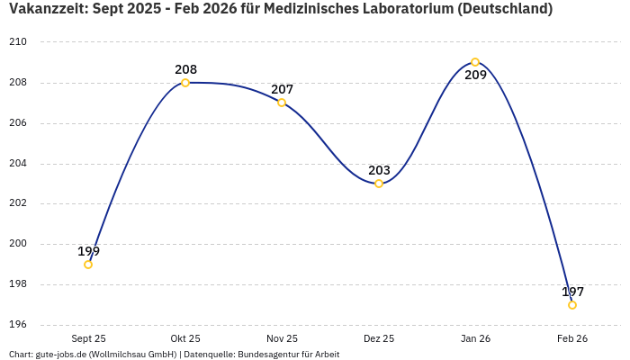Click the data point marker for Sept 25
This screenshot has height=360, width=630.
(x=88, y=265)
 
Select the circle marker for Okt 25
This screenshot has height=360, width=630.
(x=185, y=83)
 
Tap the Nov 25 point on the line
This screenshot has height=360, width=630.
(x=282, y=103)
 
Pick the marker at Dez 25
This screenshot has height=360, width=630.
(x=379, y=184)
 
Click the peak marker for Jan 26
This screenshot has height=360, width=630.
(x=475, y=62)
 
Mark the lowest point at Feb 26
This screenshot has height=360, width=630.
(x=572, y=305)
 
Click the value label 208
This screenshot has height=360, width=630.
(x=185, y=69)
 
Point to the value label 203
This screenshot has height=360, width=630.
(x=379, y=170)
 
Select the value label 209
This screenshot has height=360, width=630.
(x=475, y=76)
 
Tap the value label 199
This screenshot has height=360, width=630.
(x=88, y=251)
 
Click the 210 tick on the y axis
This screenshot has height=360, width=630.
(x=18, y=42)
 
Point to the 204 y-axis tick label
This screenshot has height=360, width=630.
(x=18, y=164)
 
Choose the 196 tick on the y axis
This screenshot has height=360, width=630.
(x=18, y=325)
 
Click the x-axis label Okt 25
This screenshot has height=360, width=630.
(x=185, y=338)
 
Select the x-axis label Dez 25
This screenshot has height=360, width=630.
(x=379, y=338)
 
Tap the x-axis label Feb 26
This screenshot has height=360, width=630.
(x=572, y=338)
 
